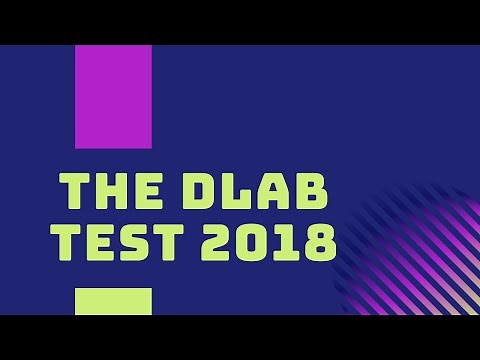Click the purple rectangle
pyautogui.click(x=113, y=97)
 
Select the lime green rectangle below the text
pyautogui.click(x=113, y=301)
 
